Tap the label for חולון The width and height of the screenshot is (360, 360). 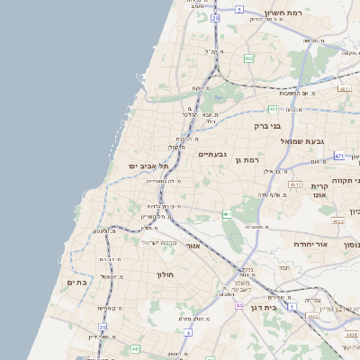(x=165, y=274)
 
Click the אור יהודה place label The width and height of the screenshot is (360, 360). (x=313, y=244)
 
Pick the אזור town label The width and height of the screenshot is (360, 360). (x=193, y=245)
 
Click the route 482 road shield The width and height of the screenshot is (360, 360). (x=248, y=58)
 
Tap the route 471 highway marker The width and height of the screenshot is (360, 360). (x=339, y=156)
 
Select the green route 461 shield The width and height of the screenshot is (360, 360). (x=227, y=214)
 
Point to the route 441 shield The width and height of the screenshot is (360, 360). (x=134, y=348)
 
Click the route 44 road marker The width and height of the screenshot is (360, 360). (x=240, y=306)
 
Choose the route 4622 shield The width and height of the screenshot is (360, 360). (x=337, y=220)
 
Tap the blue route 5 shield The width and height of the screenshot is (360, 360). (x=239, y=9)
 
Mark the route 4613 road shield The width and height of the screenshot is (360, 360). (x=295, y=184)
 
